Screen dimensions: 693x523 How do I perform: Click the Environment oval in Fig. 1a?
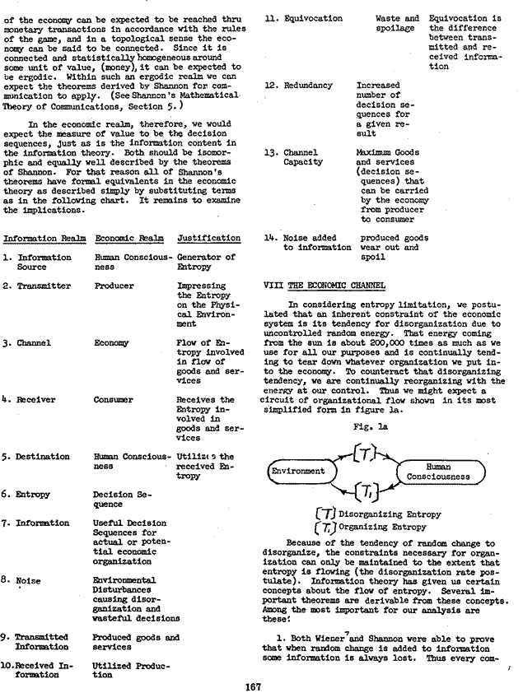click(x=298, y=472)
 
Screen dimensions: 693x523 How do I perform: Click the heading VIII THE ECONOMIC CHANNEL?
click(x=323, y=285)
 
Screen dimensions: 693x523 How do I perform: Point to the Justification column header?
click(x=209, y=238)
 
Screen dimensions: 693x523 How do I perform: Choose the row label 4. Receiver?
click(x=33, y=399)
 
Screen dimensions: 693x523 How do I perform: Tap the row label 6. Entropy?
click(x=30, y=495)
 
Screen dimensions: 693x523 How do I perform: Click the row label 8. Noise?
click(x=24, y=580)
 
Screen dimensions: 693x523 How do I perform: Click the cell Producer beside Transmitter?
click(x=114, y=286)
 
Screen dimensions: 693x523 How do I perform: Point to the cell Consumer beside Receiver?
click(x=114, y=399)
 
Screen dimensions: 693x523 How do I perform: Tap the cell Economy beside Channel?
click(x=112, y=342)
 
